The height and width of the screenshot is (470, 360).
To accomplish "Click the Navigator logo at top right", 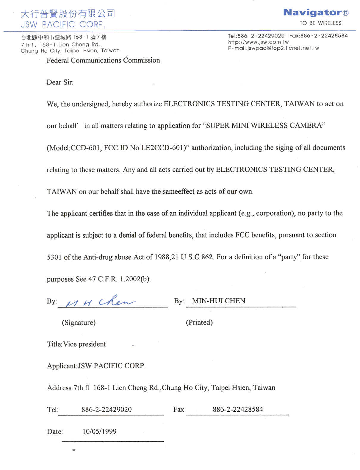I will point(316,13).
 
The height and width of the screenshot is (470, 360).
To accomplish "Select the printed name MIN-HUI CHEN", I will point(219,301).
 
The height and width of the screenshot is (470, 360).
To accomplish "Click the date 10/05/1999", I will point(99,431).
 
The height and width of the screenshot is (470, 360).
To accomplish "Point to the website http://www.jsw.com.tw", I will point(258,42).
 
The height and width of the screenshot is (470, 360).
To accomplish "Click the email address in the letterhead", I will point(273,48).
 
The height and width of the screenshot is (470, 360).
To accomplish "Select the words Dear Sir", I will point(60,82).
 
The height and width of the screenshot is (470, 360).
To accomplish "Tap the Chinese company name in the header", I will point(68,14).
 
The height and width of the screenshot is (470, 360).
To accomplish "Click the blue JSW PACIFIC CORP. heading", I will point(63,24).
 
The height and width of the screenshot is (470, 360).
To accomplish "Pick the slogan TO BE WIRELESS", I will point(320,23).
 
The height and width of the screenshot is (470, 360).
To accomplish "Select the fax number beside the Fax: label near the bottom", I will point(238,409).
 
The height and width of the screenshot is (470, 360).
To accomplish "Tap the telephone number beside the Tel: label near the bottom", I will point(107,409).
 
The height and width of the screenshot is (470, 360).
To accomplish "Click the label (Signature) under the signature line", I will point(79,323).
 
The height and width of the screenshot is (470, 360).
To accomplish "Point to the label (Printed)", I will point(199,322).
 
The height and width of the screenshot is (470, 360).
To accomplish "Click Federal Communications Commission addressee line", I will point(103,60).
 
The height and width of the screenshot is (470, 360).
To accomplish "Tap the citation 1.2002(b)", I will point(135,279).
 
